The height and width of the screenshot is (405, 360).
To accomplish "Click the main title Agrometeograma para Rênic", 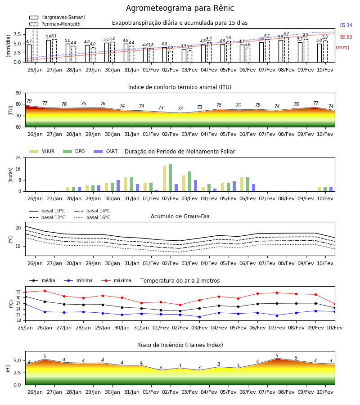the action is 180,8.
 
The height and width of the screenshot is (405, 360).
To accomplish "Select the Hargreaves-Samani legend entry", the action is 57,17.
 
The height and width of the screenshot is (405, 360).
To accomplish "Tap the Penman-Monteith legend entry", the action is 55,24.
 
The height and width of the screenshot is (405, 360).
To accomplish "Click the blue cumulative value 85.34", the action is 346,25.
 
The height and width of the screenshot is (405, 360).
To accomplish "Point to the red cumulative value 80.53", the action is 346,37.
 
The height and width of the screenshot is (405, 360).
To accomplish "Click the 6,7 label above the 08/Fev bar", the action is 286,34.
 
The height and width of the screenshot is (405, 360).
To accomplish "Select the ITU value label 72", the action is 180,108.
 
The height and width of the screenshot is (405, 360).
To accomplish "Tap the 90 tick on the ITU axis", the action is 18,93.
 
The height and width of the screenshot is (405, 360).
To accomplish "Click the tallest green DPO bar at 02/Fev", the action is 170,178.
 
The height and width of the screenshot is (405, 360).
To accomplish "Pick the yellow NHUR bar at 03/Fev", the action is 184,184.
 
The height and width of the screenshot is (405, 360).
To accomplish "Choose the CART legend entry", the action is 106,151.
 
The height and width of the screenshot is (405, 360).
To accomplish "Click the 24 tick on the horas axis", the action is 18,157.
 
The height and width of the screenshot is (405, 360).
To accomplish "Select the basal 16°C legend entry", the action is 92,217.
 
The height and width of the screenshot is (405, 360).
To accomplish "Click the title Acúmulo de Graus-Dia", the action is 180,216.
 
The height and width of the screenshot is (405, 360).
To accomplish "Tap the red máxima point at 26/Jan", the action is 45,291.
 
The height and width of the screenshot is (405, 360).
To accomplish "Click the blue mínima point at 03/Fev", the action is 200,317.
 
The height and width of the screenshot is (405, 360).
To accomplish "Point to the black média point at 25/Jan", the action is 25,297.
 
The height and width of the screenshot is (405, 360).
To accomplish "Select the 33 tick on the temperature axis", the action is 18,292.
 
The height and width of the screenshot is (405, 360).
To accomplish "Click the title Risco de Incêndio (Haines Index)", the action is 180,345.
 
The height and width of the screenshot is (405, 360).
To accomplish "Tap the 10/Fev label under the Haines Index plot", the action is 325,392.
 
